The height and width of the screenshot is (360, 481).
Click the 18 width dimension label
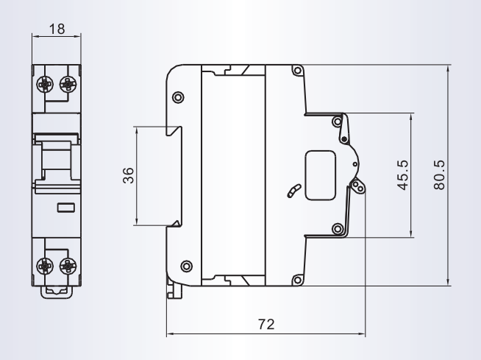pyautogui.click(x=57, y=29)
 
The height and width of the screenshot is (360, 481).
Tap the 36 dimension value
pyautogui.click(x=128, y=175)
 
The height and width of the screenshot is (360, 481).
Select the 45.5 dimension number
pyautogui.click(x=403, y=174)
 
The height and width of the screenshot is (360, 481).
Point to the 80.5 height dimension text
pyautogui.click(x=439, y=174)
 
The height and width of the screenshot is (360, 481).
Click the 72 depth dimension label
pyautogui.click(x=266, y=324)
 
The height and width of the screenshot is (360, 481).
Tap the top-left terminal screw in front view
pyautogui.click(x=45, y=84)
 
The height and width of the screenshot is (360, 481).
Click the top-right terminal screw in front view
pyautogui.click(x=68, y=84)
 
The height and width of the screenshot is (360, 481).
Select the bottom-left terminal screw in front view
pyautogui.click(x=45, y=266)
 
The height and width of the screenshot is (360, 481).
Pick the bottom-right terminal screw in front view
pyautogui.click(x=68, y=266)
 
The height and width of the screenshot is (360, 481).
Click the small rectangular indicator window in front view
pyautogui.click(x=66, y=208)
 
